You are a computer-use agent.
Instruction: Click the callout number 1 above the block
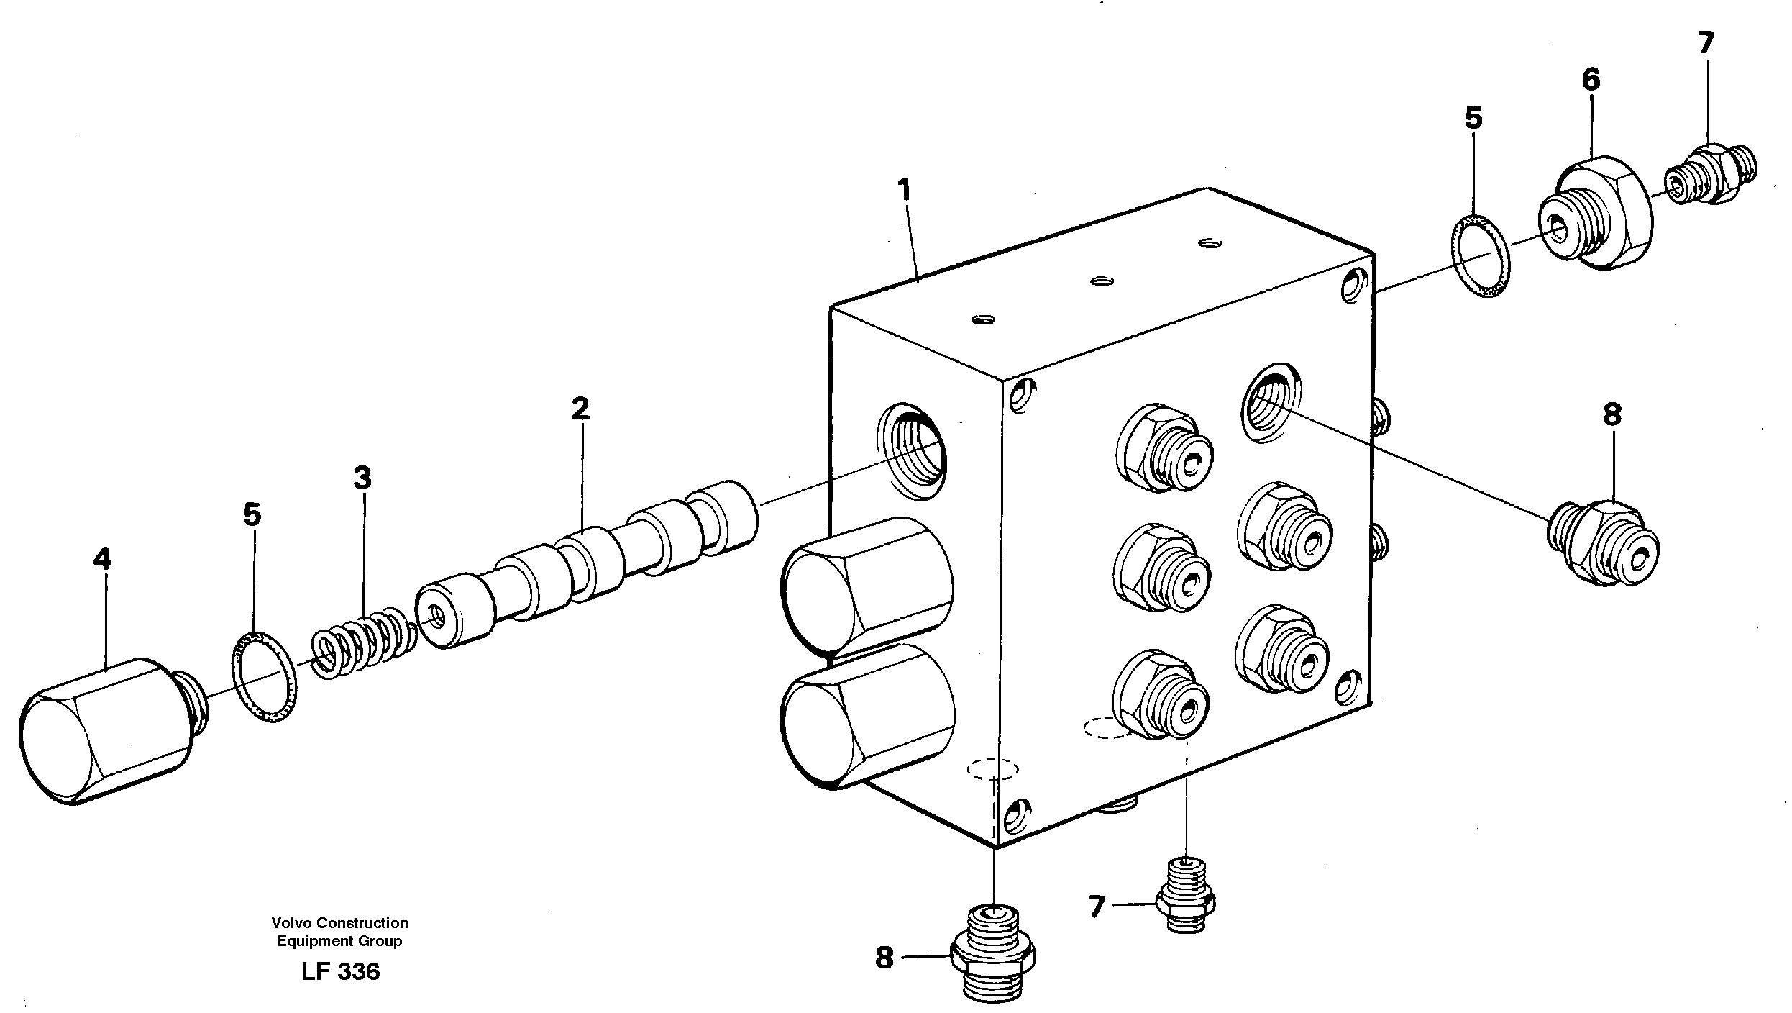coord(905,191)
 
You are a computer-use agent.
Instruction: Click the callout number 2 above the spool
coord(580,409)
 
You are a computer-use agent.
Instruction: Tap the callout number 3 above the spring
coord(362,477)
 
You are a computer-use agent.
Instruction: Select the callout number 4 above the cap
coord(103,559)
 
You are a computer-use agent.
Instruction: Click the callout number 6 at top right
coord(1591,79)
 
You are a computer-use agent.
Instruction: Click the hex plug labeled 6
coord(1594,216)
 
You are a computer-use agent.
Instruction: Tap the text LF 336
coord(340,972)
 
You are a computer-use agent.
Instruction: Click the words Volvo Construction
coord(339,922)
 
